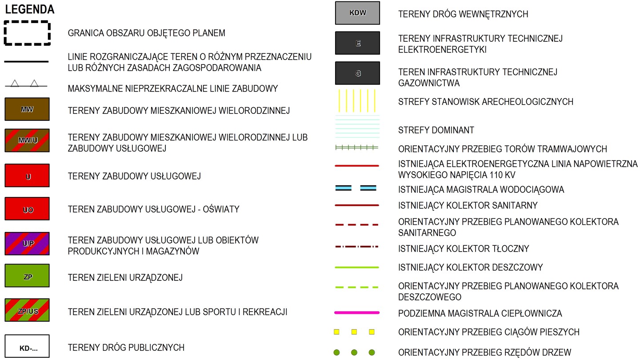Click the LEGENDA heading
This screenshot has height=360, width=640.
click(x=30, y=9)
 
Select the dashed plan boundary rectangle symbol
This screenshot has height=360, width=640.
click(x=27, y=22)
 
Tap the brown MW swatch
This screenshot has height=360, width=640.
click(x=27, y=109)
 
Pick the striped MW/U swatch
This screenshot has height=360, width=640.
click(x=27, y=140)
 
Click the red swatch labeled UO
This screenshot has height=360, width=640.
click(x=27, y=209)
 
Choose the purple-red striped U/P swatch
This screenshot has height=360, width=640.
click(x=27, y=244)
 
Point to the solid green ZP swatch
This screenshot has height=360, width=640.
click(x=27, y=276)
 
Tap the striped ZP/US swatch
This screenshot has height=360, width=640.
click(x=27, y=310)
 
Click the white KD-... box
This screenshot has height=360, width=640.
click(x=27, y=346)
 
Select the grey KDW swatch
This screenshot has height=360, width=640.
click(x=357, y=13)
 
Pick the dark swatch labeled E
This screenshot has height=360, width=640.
click(x=357, y=43)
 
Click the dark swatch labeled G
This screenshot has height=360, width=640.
click(x=357, y=73)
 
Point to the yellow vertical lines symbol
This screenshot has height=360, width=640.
click(x=357, y=101)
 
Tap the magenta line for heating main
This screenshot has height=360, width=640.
click(x=357, y=313)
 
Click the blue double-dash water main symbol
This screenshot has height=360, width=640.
click(x=356, y=188)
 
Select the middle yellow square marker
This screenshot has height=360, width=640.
click(x=354, y=332)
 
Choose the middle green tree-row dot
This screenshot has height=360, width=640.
click(x=354, y=352)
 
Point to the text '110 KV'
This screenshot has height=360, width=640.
click(x=502, y=175)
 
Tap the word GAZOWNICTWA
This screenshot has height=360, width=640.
click(x=429, y=83)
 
